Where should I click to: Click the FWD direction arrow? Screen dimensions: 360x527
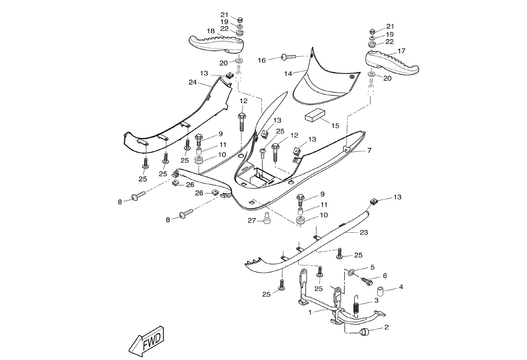(146, 340)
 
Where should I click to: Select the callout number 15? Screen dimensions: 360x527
(335, 125)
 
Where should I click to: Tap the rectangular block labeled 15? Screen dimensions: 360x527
(314, 115)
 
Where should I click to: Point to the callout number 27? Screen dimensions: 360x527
(252, 220)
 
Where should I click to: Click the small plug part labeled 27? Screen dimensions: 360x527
(267, 219)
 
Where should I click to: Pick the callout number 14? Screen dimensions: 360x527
(288, 73)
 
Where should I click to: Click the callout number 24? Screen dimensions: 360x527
(192, 82)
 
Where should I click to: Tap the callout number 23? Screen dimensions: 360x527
(363, 232)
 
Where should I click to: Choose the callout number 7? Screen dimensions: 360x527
(369, 150)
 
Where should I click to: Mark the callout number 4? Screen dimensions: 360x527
(401, 287)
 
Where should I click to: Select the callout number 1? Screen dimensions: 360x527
(310, 312)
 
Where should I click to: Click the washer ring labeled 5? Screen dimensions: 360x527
(351, 272)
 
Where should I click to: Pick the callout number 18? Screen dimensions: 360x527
(211, 31)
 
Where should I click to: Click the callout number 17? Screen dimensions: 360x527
(402, 51)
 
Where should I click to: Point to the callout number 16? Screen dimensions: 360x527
(262, 60)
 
